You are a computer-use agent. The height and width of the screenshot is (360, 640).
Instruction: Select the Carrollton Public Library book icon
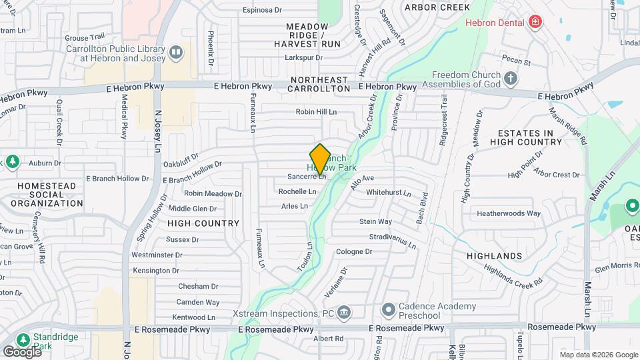(176, 52)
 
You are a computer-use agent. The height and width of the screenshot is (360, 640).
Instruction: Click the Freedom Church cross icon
(511, 79)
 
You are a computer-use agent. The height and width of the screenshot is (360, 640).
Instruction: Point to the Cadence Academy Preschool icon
(389, 311)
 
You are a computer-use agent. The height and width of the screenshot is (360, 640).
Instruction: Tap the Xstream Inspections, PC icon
(345, 313)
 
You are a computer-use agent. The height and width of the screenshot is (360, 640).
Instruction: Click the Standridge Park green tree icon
(23, 339)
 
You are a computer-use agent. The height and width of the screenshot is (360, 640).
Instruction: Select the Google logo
(22, 351)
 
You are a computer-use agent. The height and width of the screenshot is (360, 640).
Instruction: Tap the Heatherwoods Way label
(508, 214)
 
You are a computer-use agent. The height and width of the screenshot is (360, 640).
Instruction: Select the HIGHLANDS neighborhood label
(494, 256)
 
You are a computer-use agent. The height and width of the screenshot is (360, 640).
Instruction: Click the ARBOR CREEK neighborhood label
(437, 7)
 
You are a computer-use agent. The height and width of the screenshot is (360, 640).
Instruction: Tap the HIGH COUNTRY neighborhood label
(203, 223)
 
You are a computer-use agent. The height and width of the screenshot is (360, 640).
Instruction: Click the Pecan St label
(516, 63)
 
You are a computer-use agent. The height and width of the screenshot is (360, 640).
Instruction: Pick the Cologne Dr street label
(353, 252)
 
